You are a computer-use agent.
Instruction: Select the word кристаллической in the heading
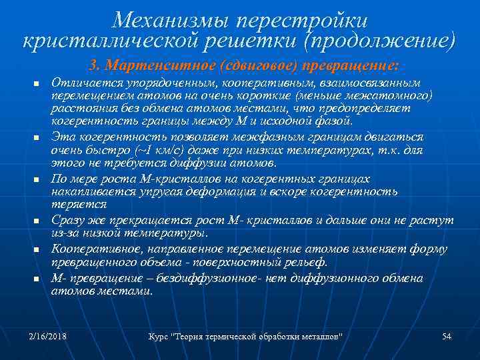pyautogui.click(x=109, y=41)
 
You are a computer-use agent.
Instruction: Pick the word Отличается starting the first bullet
pyautogui.click(x=79, y=83)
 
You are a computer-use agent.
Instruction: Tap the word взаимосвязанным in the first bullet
pyautogui.click(x=372, y=83)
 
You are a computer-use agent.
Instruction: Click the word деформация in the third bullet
pyautogui.click(x=223, y=191)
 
